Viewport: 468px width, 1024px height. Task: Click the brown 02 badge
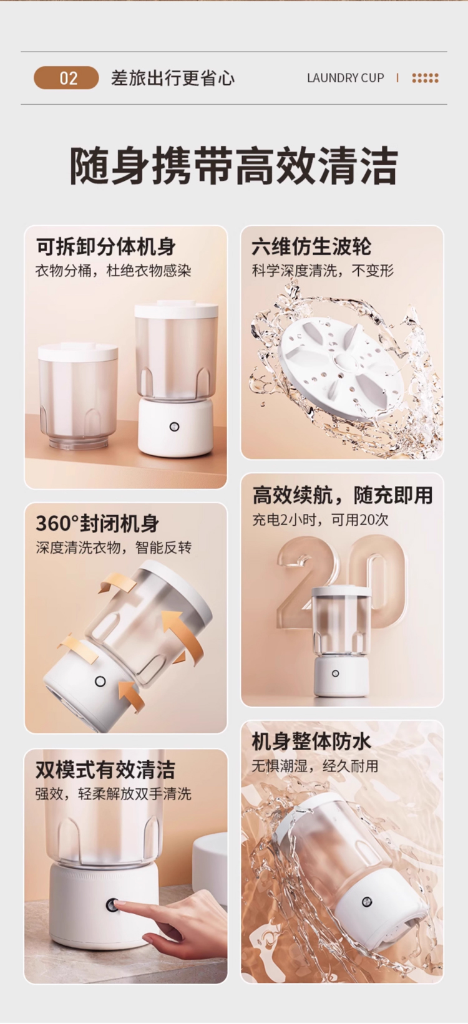66,78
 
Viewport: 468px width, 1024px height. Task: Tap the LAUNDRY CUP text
346,78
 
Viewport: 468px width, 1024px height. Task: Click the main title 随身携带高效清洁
233,165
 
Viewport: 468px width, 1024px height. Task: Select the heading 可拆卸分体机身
106,248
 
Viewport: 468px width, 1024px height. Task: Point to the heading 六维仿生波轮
311,248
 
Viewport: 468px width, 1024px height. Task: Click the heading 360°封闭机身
97,524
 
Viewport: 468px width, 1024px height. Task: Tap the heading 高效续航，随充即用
343,495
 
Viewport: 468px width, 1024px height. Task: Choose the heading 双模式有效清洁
105,770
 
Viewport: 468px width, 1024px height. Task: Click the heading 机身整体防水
311,741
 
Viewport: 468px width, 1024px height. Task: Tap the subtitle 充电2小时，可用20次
320,519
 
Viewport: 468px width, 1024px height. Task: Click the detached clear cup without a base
78,395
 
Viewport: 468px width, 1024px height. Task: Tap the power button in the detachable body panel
174,427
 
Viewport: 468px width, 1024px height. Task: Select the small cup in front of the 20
341,640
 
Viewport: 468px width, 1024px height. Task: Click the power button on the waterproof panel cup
366,902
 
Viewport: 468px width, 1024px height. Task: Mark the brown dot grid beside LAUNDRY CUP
425,78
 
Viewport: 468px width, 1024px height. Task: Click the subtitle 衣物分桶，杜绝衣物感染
113,271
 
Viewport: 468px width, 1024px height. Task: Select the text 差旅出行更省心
172,78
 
